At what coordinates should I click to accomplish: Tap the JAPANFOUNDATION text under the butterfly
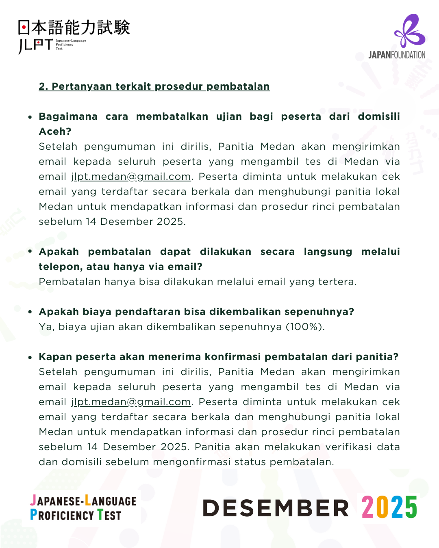[397, 55]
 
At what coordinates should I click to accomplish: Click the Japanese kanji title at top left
[74, 27]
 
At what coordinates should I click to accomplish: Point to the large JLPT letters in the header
[36, 45]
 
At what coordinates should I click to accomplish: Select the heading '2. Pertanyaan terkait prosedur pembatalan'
[154, 86]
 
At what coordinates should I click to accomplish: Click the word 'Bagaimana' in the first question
[68, 117]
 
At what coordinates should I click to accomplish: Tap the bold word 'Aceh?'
[55, 132]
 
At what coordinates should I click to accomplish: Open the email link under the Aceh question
[131, 177]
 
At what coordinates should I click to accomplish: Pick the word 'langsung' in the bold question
[328, 252]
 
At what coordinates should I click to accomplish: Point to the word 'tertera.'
[337, 282]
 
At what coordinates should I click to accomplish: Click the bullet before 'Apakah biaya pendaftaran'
[30, 312]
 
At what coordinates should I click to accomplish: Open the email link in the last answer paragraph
[131, 402]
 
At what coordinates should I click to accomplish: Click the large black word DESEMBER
[276, 508]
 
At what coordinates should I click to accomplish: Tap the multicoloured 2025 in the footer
[389, 507]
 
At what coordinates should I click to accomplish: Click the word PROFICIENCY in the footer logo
[62, 516]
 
